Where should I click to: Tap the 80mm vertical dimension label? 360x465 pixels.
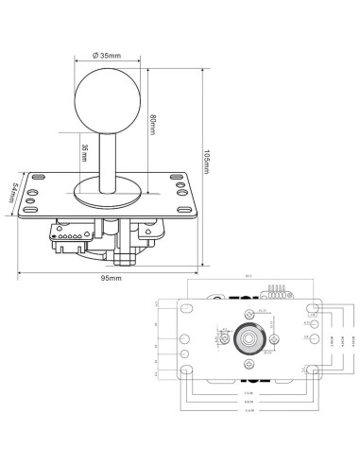coord(152,123)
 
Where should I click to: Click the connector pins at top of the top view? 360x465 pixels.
coord(278,291)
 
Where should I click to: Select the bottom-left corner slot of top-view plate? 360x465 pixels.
coord(185,372)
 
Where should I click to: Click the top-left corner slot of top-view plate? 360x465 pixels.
coord(185,308)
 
